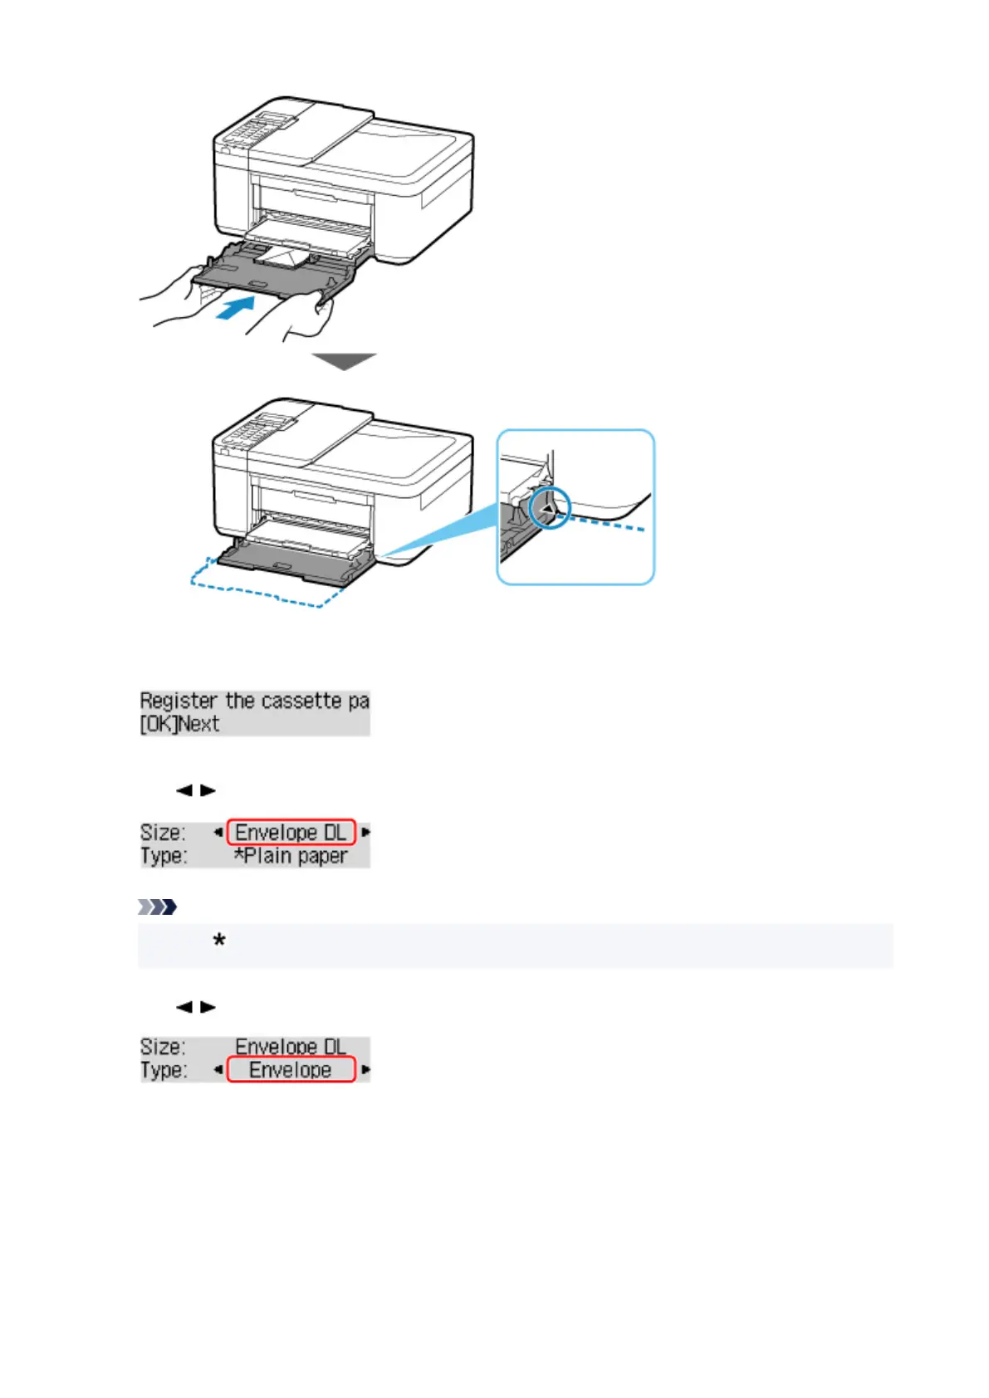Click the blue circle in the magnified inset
(x=549, y=508)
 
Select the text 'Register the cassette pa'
(x=254, y=701)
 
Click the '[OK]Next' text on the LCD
(x=179, y=724)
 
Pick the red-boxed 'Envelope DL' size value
(x=291, y=832)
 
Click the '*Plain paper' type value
(x=291, y=856)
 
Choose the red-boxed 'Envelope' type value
(x=291, y=1069)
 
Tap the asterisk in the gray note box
(x=219, y=941)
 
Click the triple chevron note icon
(x=158, y=907)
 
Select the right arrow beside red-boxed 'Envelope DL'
(x=365, y=832)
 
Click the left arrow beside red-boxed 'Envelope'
(x=218, y=1069)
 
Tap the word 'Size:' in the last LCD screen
(x=163, y=1046)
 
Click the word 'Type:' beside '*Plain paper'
(x=164, y=856)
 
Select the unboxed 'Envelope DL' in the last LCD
(x=291, y=1046)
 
